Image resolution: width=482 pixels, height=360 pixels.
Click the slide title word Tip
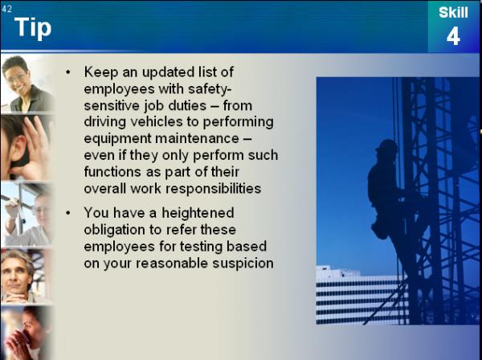pos(33,28)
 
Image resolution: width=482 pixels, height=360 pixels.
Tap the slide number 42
pos(6,9)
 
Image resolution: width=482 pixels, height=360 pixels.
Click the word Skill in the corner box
pos(453,13)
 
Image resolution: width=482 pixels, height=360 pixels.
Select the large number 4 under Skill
pos(453,35)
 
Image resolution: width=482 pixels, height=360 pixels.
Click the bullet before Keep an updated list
pos(68,72)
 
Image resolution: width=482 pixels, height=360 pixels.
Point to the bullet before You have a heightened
pos(68,213)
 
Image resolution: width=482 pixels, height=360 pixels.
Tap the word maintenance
pos(197,138)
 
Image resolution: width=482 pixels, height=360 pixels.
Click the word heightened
pos(198,213)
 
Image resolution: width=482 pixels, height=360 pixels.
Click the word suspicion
pos(243,264)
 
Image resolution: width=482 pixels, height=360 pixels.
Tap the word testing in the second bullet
pos(201,247)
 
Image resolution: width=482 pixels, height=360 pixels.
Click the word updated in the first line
pos(168,72)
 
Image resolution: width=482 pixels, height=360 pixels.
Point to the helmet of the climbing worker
pos(386,145)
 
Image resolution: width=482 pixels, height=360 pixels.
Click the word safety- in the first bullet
pos(210,89)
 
